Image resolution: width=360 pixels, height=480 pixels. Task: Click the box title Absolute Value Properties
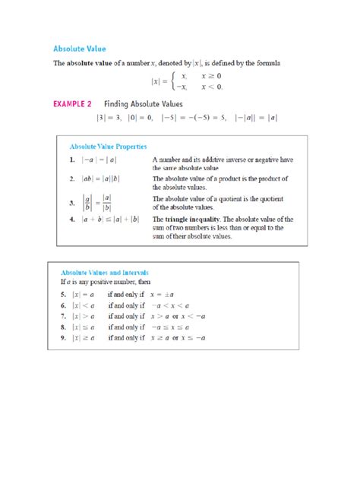click(x=108, y=145)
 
